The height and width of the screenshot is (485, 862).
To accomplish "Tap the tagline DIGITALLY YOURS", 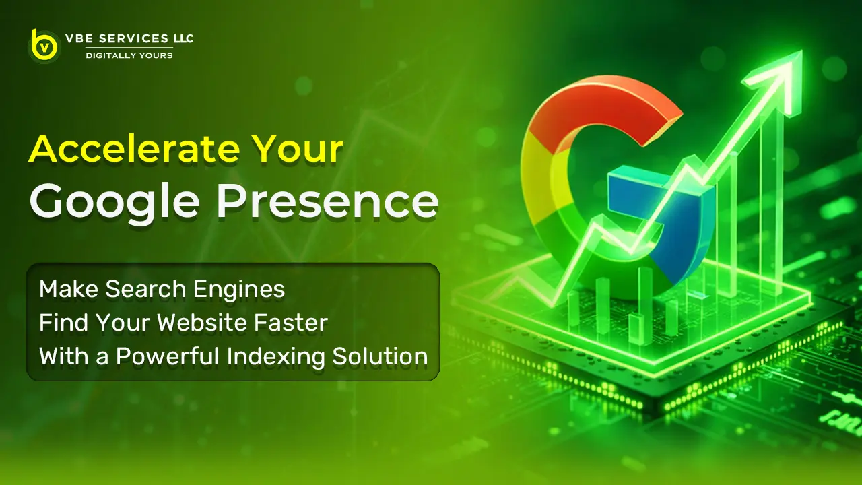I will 129,55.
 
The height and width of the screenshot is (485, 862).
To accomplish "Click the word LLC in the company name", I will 180,39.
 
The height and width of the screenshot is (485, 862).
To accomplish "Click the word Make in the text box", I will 64,290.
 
